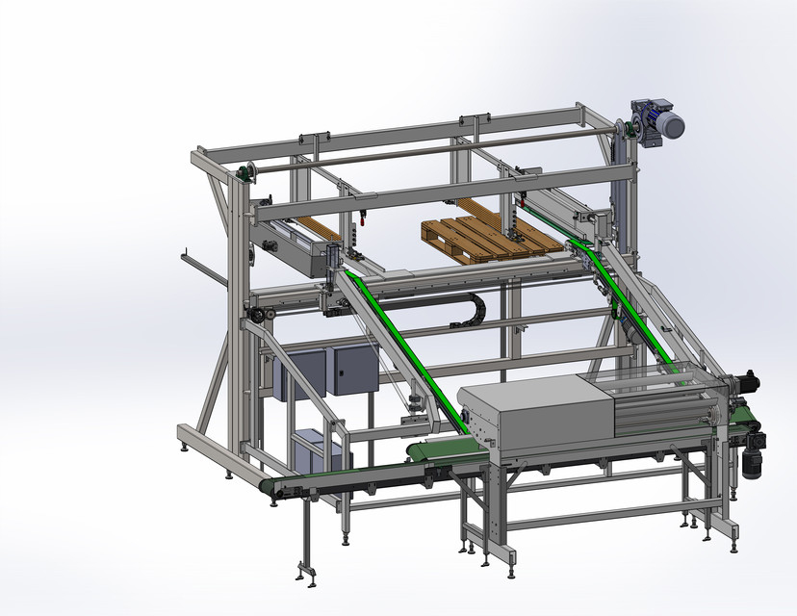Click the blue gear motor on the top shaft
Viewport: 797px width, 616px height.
tap(660, 123)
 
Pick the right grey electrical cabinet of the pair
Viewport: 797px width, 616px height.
tap(350, 370)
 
